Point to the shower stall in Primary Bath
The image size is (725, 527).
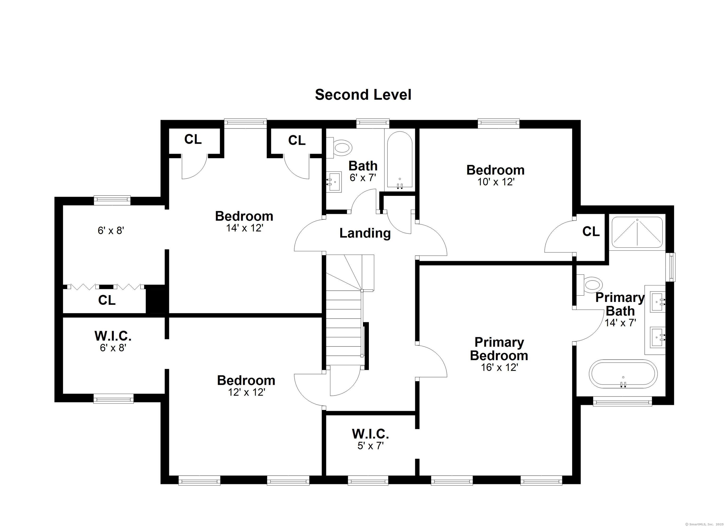click(x=637, y=233)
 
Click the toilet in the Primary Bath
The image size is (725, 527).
click(x=589, y=284)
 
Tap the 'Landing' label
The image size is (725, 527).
click(x=365, y=233)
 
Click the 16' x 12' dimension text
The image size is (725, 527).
click(x=499, y=368)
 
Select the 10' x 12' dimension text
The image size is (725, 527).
click(x=496, y=182)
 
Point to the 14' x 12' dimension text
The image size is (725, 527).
click(x=244, y=228)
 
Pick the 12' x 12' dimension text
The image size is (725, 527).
click(x=246, y=392)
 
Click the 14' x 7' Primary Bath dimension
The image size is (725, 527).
click(x=620, y=322)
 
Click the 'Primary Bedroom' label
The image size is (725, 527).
click(x=499, y=349)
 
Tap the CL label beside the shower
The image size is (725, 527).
click(x=591, y=232)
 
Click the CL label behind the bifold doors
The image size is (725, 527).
click(x=107, y=300)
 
